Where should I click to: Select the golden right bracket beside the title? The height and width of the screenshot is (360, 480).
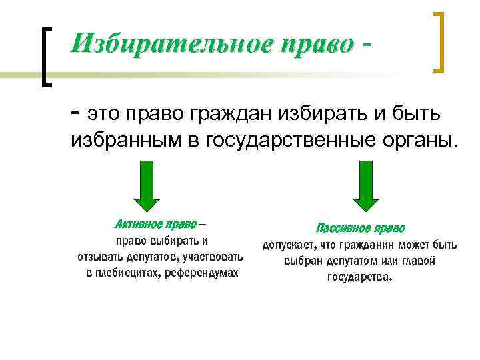(439, 41)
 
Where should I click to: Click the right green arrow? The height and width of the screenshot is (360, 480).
(365, 185)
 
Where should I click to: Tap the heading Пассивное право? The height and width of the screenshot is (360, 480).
(360, 228)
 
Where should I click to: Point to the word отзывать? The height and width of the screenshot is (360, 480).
(101, 257)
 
